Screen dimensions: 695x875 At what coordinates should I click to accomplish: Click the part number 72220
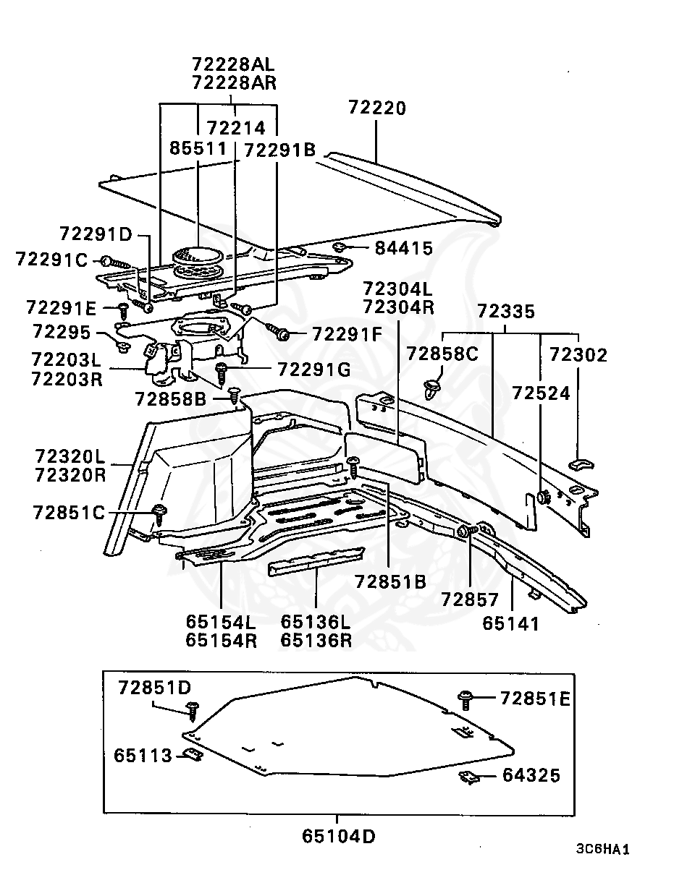(x=377, y=108)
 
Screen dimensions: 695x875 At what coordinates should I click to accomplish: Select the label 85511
(x=198, y=148)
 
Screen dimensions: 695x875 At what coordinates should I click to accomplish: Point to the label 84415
(x=403, y=248)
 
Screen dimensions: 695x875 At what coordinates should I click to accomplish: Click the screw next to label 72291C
(x=116, y=262)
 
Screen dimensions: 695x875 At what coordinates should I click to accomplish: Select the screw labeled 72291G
(x=222, y=373)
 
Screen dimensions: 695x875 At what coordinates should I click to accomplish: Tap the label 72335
(x=505, y=312)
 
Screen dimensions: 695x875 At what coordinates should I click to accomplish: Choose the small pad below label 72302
(x=581, y=464)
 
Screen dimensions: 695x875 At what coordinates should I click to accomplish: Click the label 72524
(x=541, y=393)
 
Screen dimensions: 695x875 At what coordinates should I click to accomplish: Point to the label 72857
(x=469, y=599)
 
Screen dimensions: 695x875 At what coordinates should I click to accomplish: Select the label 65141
(x=510, y=623)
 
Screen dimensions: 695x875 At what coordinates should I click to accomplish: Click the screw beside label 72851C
(x=159, y=513)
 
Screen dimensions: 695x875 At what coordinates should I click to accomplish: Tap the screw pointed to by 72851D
(x=193, y=710)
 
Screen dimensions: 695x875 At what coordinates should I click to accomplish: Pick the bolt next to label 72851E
(x=466, y=699)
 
